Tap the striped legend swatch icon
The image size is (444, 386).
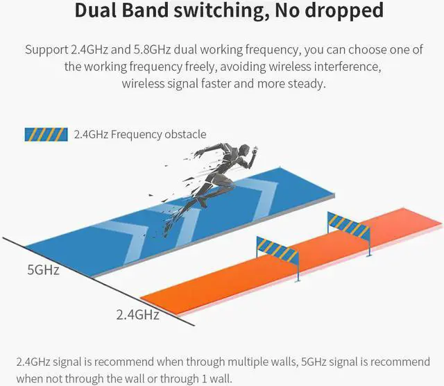pos(46,134)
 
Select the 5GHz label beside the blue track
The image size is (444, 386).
pos(43,269)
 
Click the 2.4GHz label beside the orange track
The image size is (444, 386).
pos(137,314)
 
